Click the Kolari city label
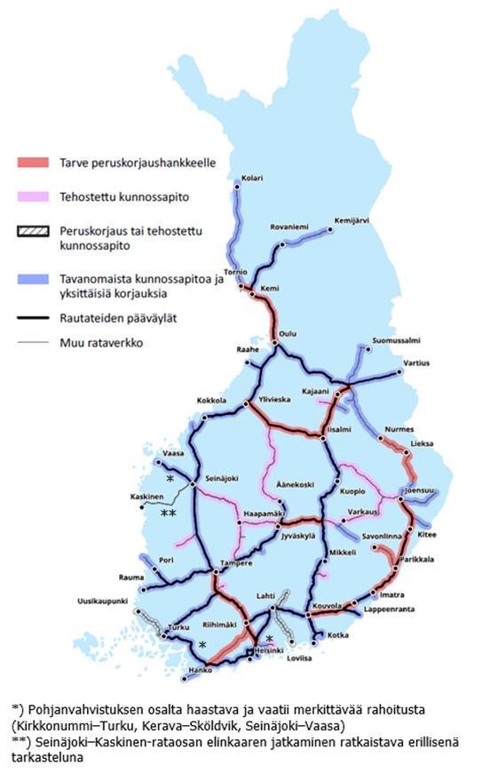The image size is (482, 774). tap(252, 178)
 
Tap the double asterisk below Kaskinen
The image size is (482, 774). tap(167, 513)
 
